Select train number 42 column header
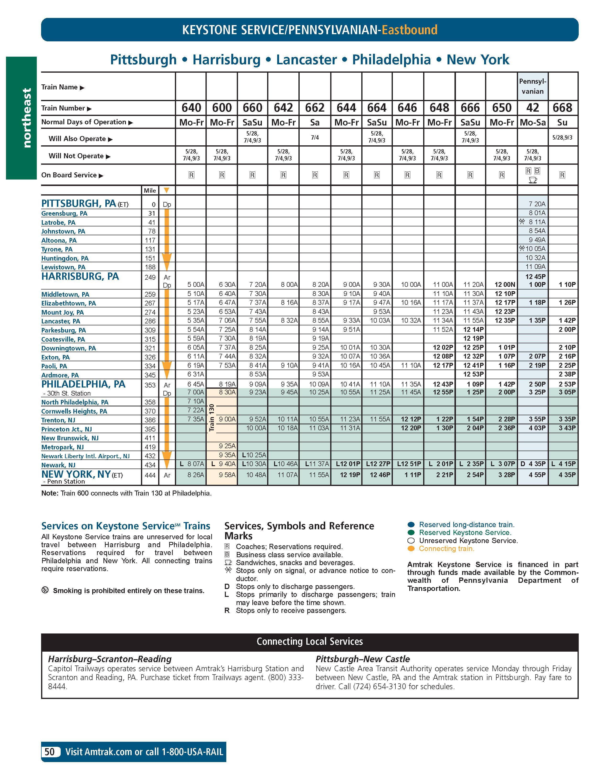(x=533, y=108)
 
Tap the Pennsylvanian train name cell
(x=533, y=86)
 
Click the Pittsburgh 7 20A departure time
(x=537, y=204)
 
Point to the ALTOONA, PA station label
(x=59, y=240)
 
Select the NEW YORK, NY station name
(x=76, y=474)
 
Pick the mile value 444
(x=150, y=475)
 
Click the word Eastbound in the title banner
(x=409, y=30)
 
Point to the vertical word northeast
(x=27, y=118)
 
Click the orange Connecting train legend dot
(x=411, y=549)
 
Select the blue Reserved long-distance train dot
(x=411, y=525)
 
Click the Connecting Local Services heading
(x=309, y=641)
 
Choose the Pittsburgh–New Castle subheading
(x=362, y=659)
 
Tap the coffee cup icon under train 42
(x=533, y=180)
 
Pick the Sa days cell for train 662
(x=314, y=122)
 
